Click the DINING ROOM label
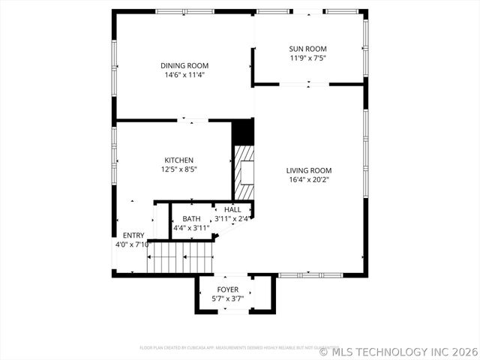pyautogui.click(x=184, y=65)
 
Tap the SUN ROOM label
pyautogui.click(x=308, y=49)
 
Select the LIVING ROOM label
pyautogui.click(x=308, y=170)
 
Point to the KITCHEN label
pyautogui.click(x=179, y=160)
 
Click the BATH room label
pyautogui.click(x=191, y=218)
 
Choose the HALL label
pyautogui.click(x=232, y=209)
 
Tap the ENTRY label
pyautogui.click(x=133, y=235)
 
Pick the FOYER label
pyautogui.click(x=228, y=289)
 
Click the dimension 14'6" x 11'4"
pyautogui.click(x=184, y=75)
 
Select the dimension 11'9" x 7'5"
pyautogui.click(x=308, y=58)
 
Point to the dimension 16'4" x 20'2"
pyautogui.click(x=308, y=179)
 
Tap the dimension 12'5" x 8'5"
pyautogui.click(x=179, y=169)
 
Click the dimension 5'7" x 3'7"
pyautogui.click(x=228, y=298)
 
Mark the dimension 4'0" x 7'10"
pyautogui.click(x=133, y=244)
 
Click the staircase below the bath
pyautogui.click(x=181, y=258)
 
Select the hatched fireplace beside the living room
pyautogui.click(x=244, y=172)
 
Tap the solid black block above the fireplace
pyautogui.click(x=243, y=132)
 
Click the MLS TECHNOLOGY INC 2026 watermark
pyautogui.click(x=398, y=351)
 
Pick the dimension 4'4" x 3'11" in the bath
pyautogui.click(x=191, y=227)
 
